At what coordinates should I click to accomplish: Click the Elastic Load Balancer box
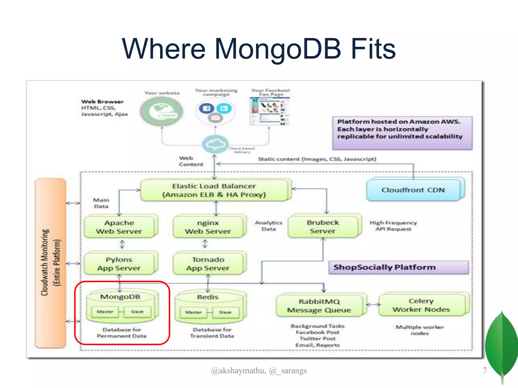214,190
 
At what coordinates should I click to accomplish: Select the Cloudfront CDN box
413,190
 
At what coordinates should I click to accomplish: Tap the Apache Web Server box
119,227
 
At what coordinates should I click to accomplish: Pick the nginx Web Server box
208,227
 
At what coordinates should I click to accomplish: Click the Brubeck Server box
323,226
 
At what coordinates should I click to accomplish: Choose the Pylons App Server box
119,263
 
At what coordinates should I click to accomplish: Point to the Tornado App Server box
208,263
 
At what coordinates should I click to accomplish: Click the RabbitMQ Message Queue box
319,306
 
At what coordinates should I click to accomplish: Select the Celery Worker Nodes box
421,305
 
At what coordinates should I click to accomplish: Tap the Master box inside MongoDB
105,312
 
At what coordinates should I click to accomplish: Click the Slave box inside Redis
225,312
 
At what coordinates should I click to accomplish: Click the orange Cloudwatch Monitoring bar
50,263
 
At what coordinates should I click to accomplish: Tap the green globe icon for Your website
162,111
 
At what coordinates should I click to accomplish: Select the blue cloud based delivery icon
215,144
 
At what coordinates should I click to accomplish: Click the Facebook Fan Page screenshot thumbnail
270,111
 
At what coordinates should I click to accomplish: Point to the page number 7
484,370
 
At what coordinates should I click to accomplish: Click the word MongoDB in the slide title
278,48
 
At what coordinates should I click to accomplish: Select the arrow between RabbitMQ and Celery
373,305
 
